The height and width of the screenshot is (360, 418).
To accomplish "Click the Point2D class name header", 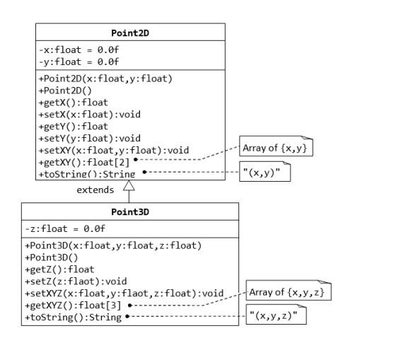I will [130, 33].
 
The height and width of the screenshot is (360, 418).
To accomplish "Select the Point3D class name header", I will [130, 212].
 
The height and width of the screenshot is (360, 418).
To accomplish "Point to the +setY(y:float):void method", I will [89, 138].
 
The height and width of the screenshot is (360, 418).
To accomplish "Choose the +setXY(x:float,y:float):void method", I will [113, 150].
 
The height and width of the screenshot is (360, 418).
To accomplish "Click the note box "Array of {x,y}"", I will [277, 149].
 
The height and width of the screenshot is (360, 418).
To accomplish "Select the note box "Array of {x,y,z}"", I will [289, 291].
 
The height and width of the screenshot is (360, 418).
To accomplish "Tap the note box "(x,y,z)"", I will [277, 316].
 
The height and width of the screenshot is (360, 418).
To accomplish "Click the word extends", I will [95, 190].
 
